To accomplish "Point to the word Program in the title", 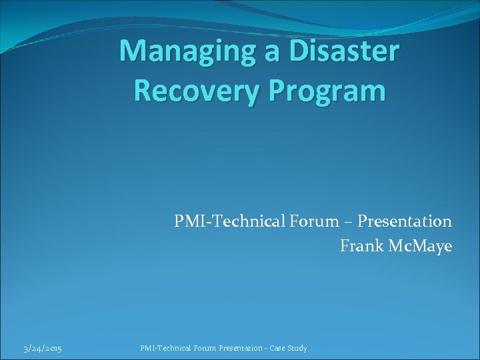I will (x=329, y=90).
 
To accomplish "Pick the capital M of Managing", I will (x=133, y=51).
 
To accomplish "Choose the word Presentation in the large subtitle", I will (x=404, y=221).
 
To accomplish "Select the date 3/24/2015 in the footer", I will (x=43, y=349).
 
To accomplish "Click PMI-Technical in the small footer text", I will (x=165, y=348).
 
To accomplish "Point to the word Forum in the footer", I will (x=205, y=348).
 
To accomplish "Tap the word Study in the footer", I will (x=299, y=349).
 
